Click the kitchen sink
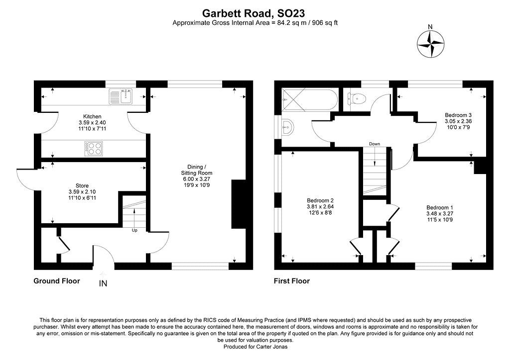click(x=122, y=96)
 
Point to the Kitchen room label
click(x=92, y=117)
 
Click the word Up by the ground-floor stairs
click(x=134, y=231)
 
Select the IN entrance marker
click(x=103, y=284)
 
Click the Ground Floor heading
click(x=57, y=281)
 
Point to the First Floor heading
click(x=292, y=281)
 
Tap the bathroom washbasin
click(x=287, y=127)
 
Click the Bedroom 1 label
click(x=440, y=207)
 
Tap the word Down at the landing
click(x=375, y=144)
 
